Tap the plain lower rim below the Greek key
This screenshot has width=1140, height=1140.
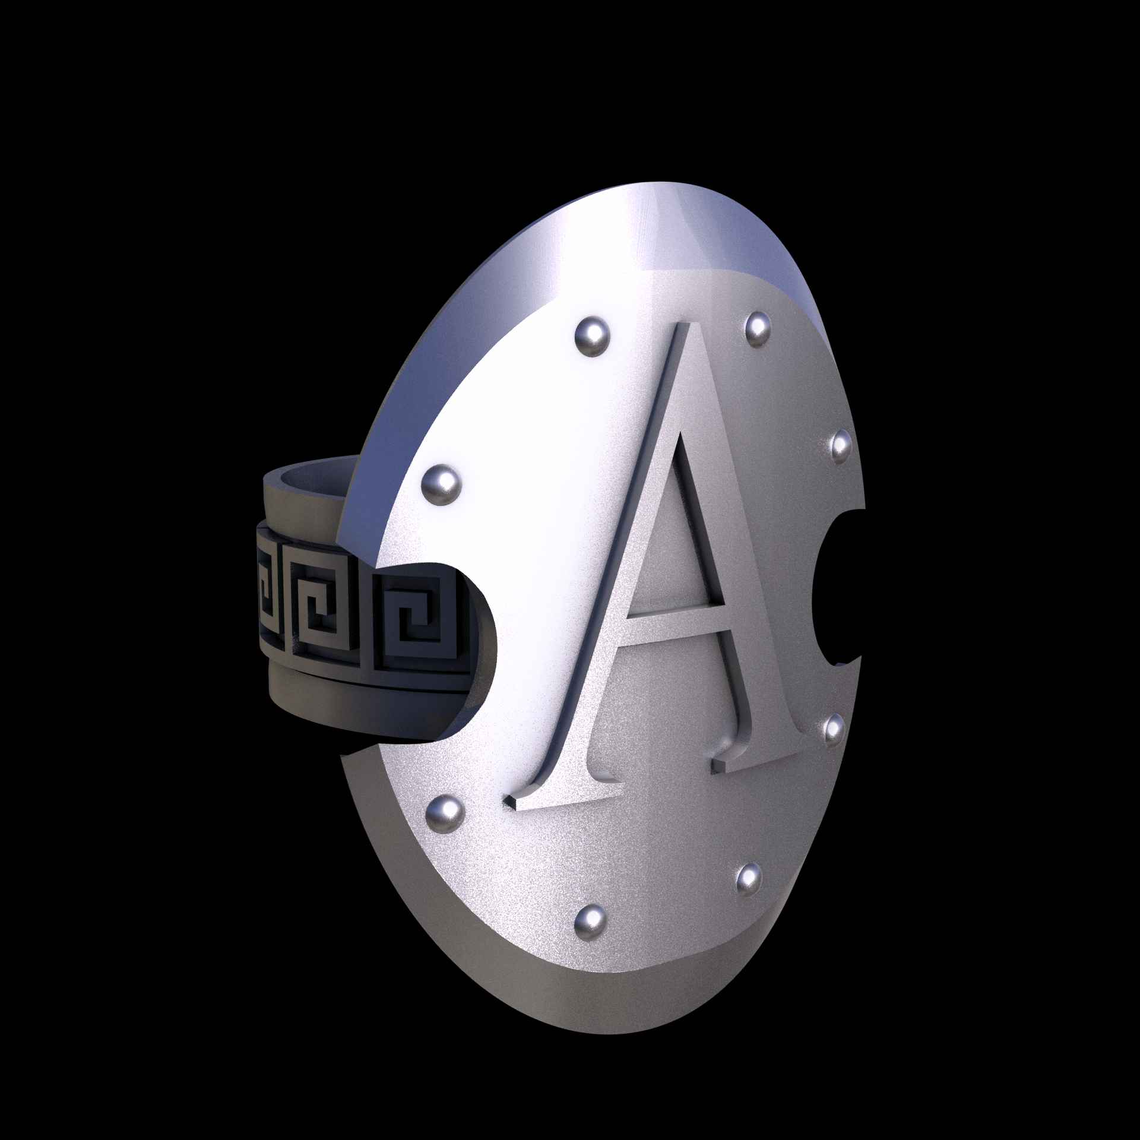356,707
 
